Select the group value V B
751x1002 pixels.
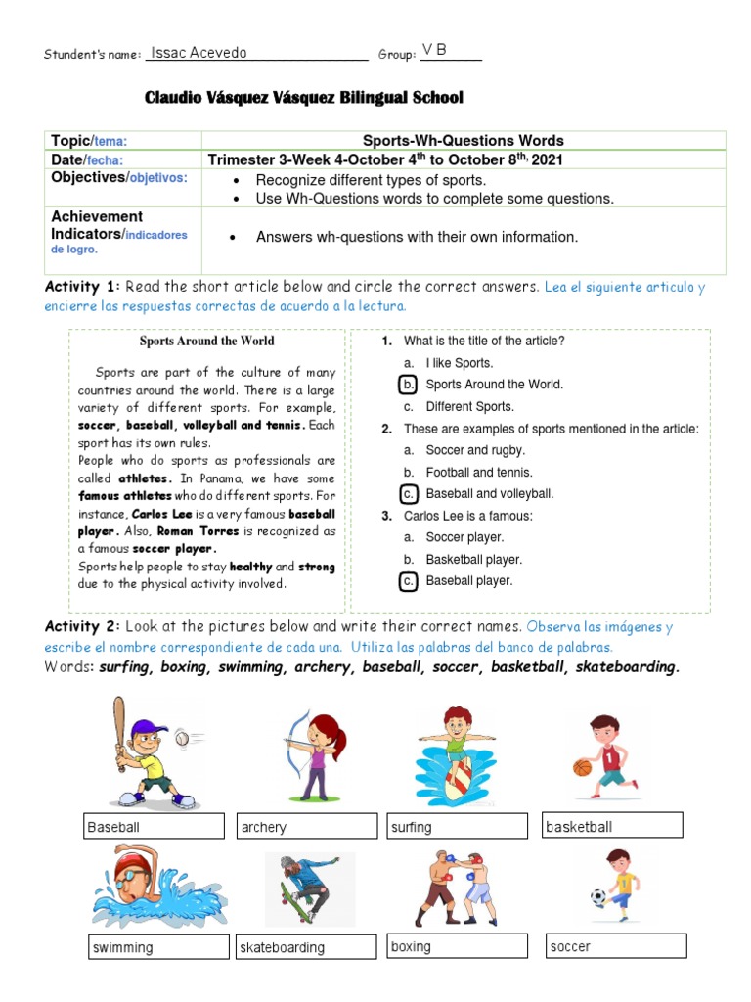(x=434, y=50)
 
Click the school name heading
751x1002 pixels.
(x=303, y=98)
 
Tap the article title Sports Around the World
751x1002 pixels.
(x=206, y=342)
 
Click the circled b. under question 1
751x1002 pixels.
(x=410, y=385)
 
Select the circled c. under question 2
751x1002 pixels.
(x=410, y=494)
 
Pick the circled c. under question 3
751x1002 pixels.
(x=410, y=581)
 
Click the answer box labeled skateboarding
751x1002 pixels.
(x=306, y=947)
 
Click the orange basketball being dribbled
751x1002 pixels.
(x=583, y=768)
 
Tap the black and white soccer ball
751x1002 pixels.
(x=597, y=896)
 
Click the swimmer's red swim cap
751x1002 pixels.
(x=127, y=868)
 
